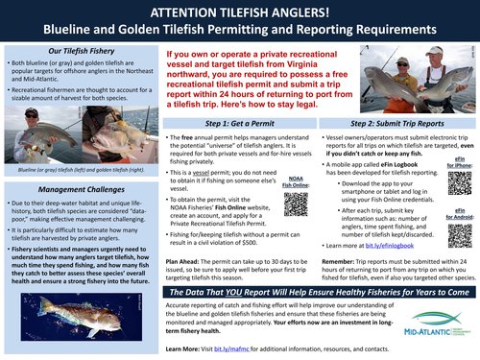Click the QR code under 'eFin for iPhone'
pyautogui.click(x=457, y=180)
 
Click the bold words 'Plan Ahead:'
pyautogui.click(x=182, y=261)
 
